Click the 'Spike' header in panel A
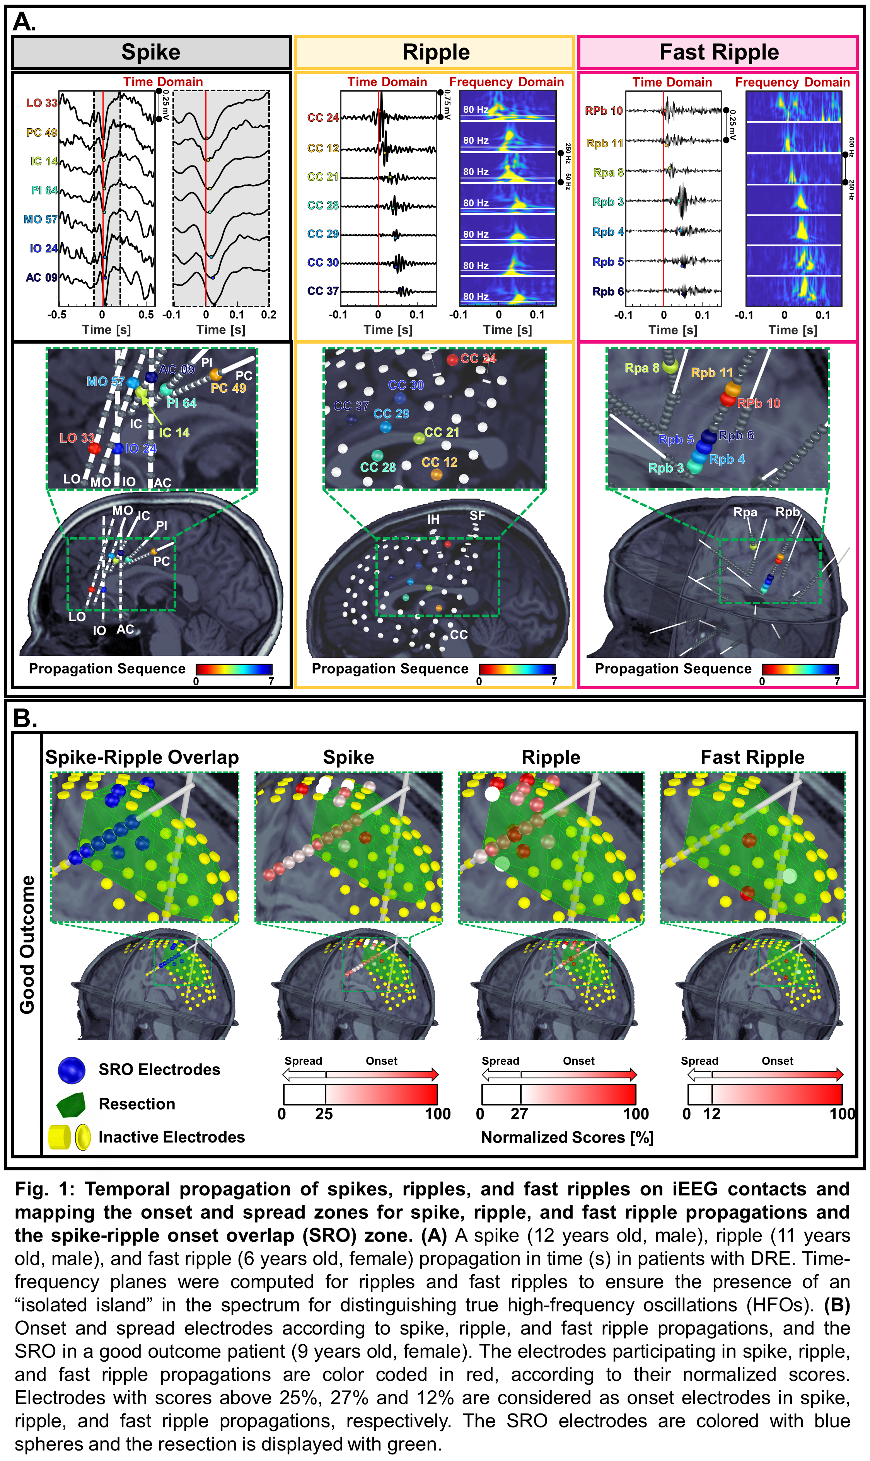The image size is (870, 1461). [151, 52]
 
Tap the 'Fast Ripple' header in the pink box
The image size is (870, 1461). [719, 52]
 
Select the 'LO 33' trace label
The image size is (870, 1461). [42, 103]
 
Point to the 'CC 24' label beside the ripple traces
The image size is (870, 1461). [322, 118]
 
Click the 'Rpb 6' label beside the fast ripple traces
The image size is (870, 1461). [607, 291]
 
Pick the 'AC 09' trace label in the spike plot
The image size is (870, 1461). [41, 277]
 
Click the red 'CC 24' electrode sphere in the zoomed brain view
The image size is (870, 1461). [452, 359]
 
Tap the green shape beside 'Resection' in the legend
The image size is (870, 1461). [72, 1104]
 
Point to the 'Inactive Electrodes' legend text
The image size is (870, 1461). [171, 1137]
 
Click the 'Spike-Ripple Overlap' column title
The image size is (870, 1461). [142, 757]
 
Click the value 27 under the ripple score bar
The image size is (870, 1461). [519, 1114]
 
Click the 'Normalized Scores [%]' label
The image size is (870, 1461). [567, 1137]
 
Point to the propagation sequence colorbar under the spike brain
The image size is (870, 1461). [234, 669]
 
